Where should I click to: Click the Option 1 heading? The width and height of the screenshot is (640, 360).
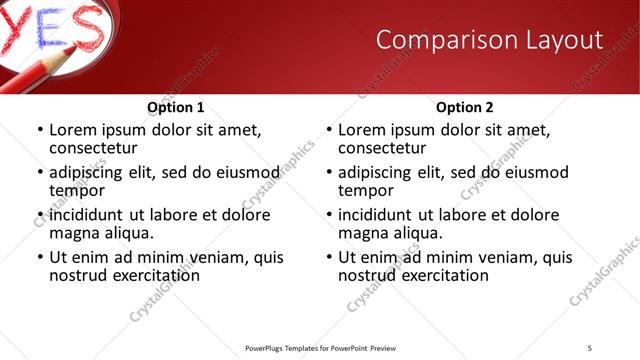point(176,107)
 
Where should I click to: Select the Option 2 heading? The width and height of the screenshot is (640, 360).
point(465,107)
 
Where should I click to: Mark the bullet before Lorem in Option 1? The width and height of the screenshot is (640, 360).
point(40,130)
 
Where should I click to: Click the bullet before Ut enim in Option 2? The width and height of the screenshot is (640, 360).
point(329,257)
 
